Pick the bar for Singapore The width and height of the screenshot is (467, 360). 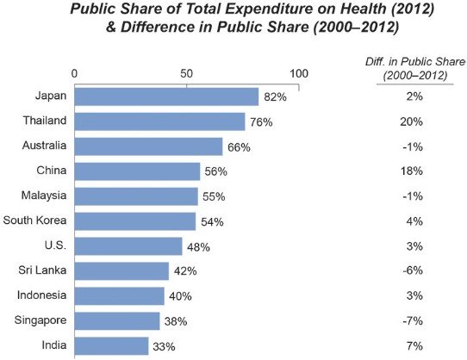pos(117,321)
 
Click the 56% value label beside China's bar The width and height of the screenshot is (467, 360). pos(214,171)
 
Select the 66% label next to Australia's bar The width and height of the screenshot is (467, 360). pos(239,146)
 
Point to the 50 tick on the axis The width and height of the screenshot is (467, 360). pos(187,73)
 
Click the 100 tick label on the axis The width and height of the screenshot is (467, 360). pos(299,73)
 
